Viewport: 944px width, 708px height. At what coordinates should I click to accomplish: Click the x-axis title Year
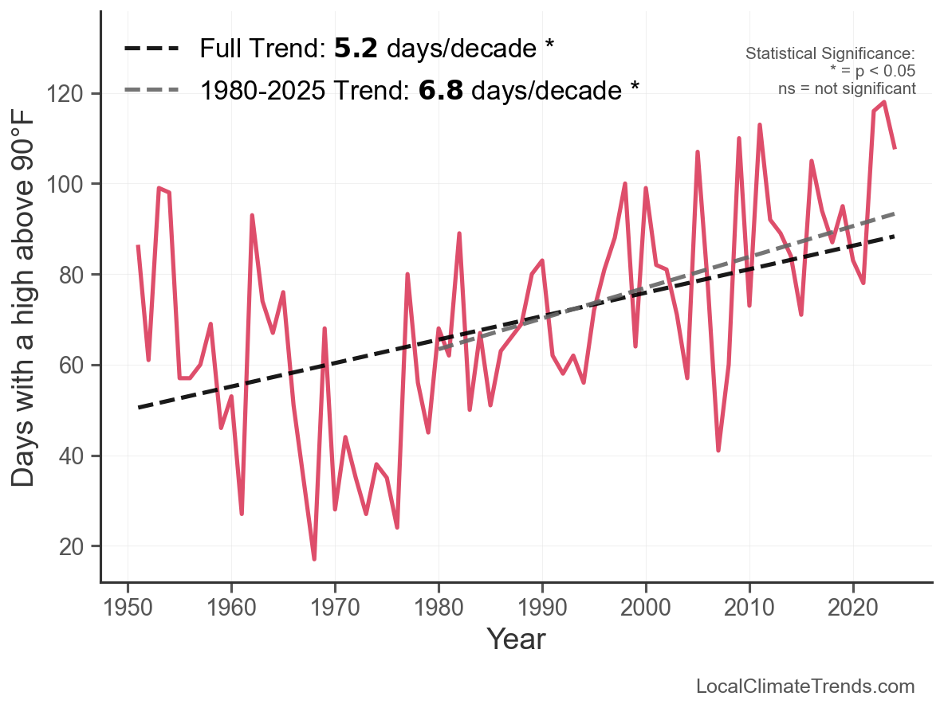pyautogui.click(x=516, y=639)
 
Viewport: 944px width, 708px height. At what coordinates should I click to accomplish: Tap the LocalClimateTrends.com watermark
pyautogui.click(x=805, y=686)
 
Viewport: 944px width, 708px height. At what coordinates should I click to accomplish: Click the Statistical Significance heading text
pyautogui.click(x=830, y=54)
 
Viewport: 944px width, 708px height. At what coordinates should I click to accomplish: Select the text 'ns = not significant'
pyautogui.click(x=847, y=88)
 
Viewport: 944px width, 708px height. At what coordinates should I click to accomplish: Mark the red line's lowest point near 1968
pyautogui.click(x=314, y=559)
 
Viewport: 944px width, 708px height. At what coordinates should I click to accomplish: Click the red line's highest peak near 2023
pyautogui.click(x=884, y=102)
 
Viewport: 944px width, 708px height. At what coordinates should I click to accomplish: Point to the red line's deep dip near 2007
pyautogui.click(x=718, y=451)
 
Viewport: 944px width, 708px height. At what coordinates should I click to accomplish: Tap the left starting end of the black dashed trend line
pyautogui.click(x=139, y=408)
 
